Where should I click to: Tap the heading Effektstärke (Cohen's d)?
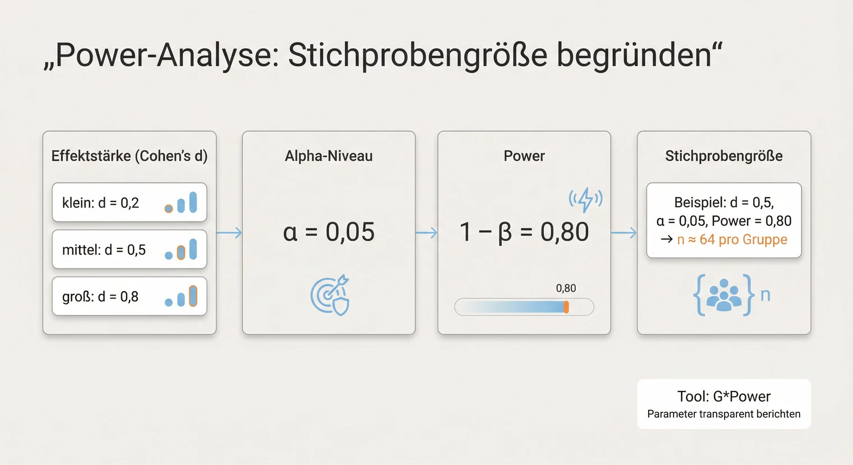click(129, 156)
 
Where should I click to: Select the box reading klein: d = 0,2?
click(129, 202)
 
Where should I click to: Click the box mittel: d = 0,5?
click(129, 250)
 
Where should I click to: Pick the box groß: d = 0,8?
click(129, 296)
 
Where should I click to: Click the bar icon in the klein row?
click(181, 203)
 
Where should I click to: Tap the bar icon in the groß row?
click(181, 297)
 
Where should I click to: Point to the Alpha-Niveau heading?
click(328, 156)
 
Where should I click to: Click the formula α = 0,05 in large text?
click(328, 232)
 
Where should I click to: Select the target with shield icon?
click(330, 295)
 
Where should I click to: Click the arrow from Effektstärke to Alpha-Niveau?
click(229, 233)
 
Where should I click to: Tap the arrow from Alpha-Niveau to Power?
click(427, 233)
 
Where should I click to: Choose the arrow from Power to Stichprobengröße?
click(623, 233)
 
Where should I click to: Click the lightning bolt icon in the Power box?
click(585, 199)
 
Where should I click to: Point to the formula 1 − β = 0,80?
click(524, 232)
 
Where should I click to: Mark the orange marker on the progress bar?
click(566, 307)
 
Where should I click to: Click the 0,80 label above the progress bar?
click(566, 288)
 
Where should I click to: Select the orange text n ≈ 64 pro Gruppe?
click(732, 240)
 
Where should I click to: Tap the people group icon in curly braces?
click(723, 295)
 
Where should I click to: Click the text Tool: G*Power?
click(723, 397)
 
